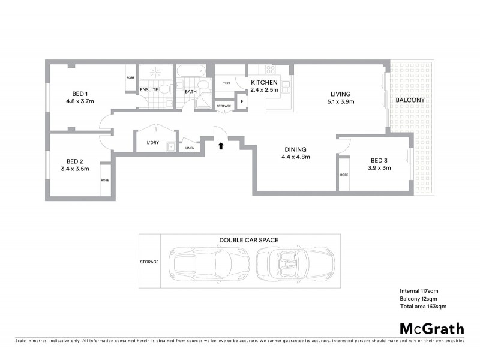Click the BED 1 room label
pyautogui.click(x=80, y=93)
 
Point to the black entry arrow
pyautogui.click(x=221, y=145)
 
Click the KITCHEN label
pyautogui.click(x=263, y=82)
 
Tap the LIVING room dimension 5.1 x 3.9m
pyautogui.click(x=340, y=102)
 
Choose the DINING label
pyautogui.click(x=296, y=149)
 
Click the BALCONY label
pyautogui.click(x=410, y=100)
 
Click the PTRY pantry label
pyautogui.click(x=226, y=83)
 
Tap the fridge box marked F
pyautogui.click(x=242, y=101)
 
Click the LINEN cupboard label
pyautogui.click(x=190, y=148)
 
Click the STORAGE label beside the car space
pyautogui.click(x=149, y=262)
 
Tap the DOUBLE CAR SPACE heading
pyautogui.click(x=248, y=241)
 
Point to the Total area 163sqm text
pyautogui.click(x=423, y=307)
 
